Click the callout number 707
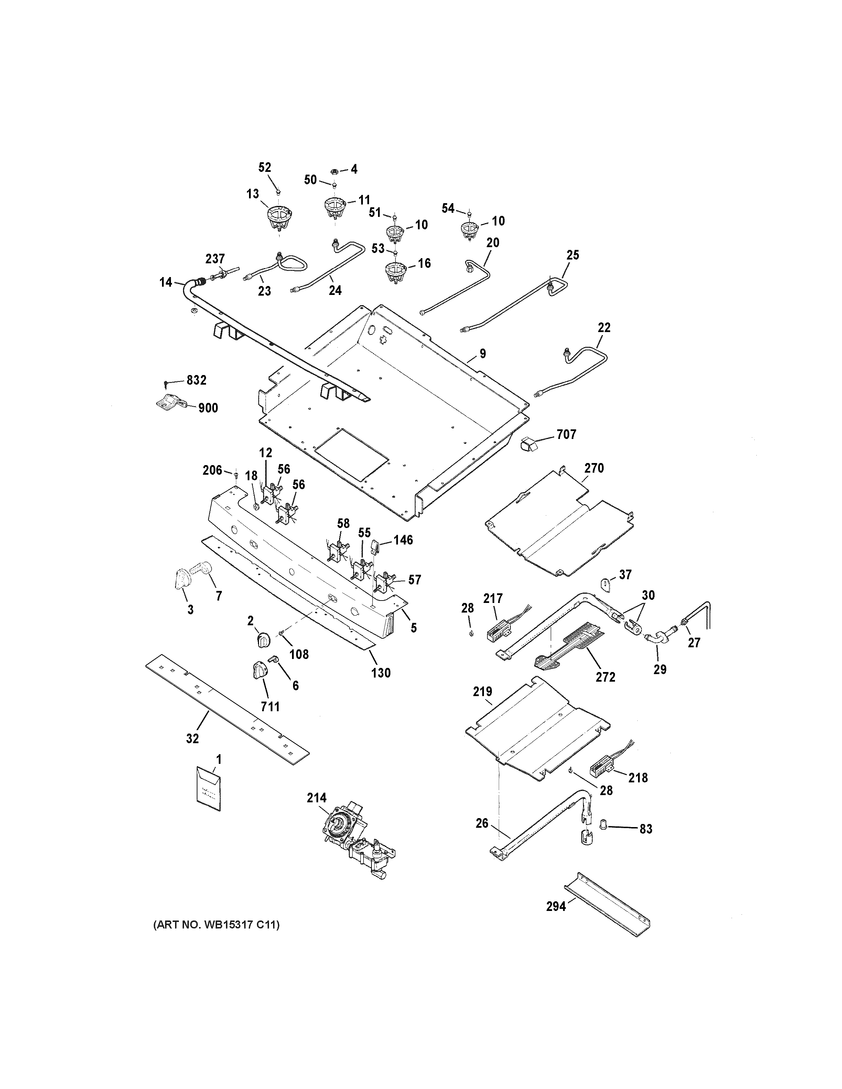pos(566,435)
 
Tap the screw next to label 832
pos(166,383)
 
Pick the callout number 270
pos(594,468)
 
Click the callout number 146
pos(403,540)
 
